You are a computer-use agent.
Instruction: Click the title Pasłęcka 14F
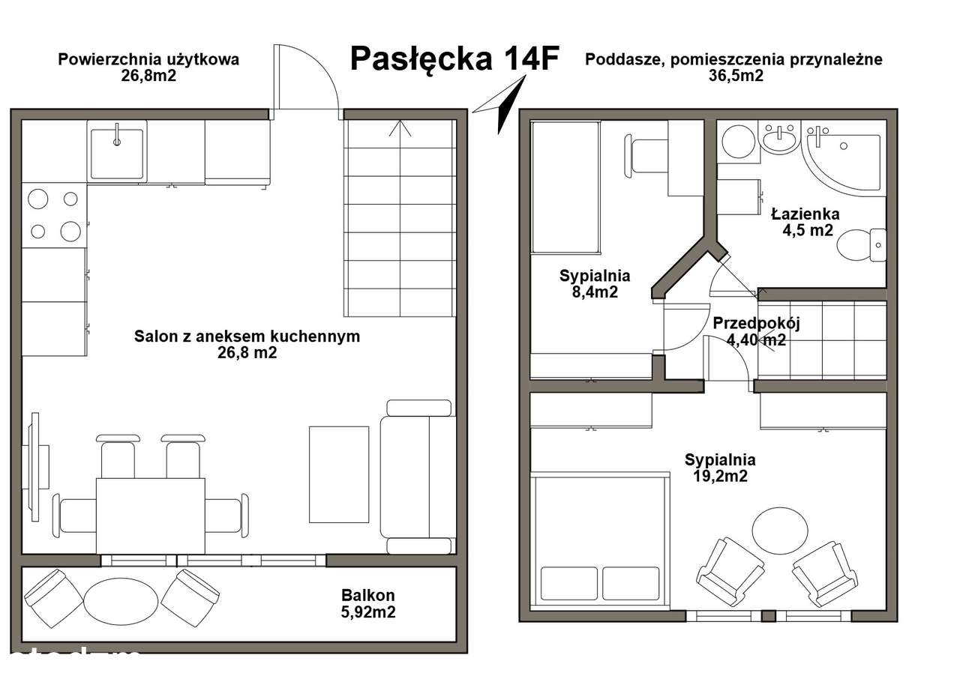coord(454,59)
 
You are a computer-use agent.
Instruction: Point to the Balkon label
coord(367,596)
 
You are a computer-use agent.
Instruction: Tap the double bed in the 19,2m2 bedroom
coord(601,540)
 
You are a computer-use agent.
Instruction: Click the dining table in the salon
coord(150,515)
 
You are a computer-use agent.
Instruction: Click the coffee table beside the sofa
coord(339,474)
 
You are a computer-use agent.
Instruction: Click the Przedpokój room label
coord(757,324)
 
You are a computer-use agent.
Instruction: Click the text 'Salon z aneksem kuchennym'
coord(247,337)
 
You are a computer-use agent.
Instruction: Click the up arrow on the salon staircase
coord(400,127)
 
